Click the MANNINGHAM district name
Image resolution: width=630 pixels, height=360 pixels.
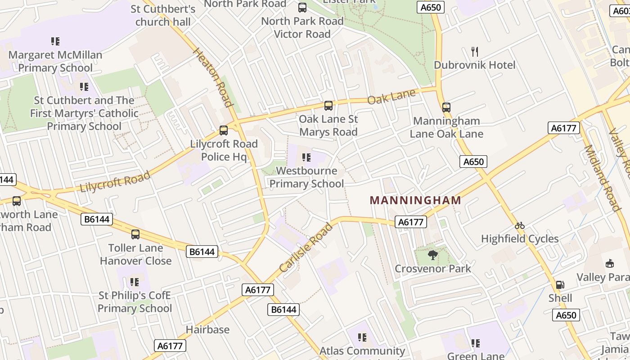[415, 200]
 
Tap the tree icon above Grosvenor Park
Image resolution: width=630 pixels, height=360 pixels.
[432, 255]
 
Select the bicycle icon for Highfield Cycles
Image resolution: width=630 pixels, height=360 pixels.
[520, 225]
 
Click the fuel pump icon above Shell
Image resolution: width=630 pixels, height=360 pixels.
[560, 284]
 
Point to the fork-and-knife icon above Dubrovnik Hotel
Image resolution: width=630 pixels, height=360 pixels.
[474, 51]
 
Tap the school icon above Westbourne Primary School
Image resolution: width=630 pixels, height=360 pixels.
[306, 157]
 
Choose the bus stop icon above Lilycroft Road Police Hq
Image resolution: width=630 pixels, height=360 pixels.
[224, 130]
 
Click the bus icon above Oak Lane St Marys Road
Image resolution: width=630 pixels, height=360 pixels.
[328, 106]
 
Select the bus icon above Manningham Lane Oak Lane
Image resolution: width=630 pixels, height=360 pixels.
[446, 108]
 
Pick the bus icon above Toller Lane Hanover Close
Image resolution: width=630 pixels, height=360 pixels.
[135, 234]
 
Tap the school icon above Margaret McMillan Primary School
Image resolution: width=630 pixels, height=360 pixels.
[55, 41]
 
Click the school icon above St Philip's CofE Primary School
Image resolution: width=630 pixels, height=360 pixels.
[135, 282]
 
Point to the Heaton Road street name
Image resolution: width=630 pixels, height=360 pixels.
[213, 77]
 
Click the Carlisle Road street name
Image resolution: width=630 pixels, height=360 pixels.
[306, 248]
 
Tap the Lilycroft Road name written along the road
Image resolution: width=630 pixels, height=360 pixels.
[115, 182]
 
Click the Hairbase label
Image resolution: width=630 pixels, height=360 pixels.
[207, 330]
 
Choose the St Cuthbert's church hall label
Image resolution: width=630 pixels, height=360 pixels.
[163, 15]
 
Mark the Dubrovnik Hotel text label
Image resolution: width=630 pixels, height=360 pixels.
[474, 65]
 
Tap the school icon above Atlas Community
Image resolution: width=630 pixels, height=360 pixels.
[362, 337]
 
